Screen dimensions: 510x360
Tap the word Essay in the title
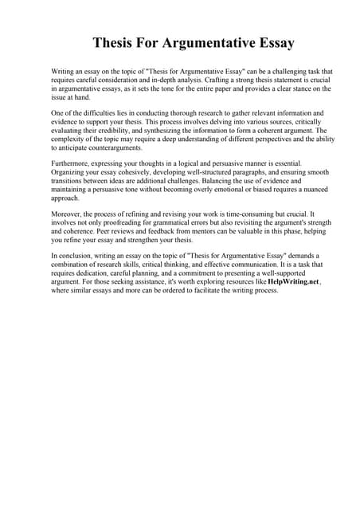271,42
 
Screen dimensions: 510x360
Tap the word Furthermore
72,163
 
